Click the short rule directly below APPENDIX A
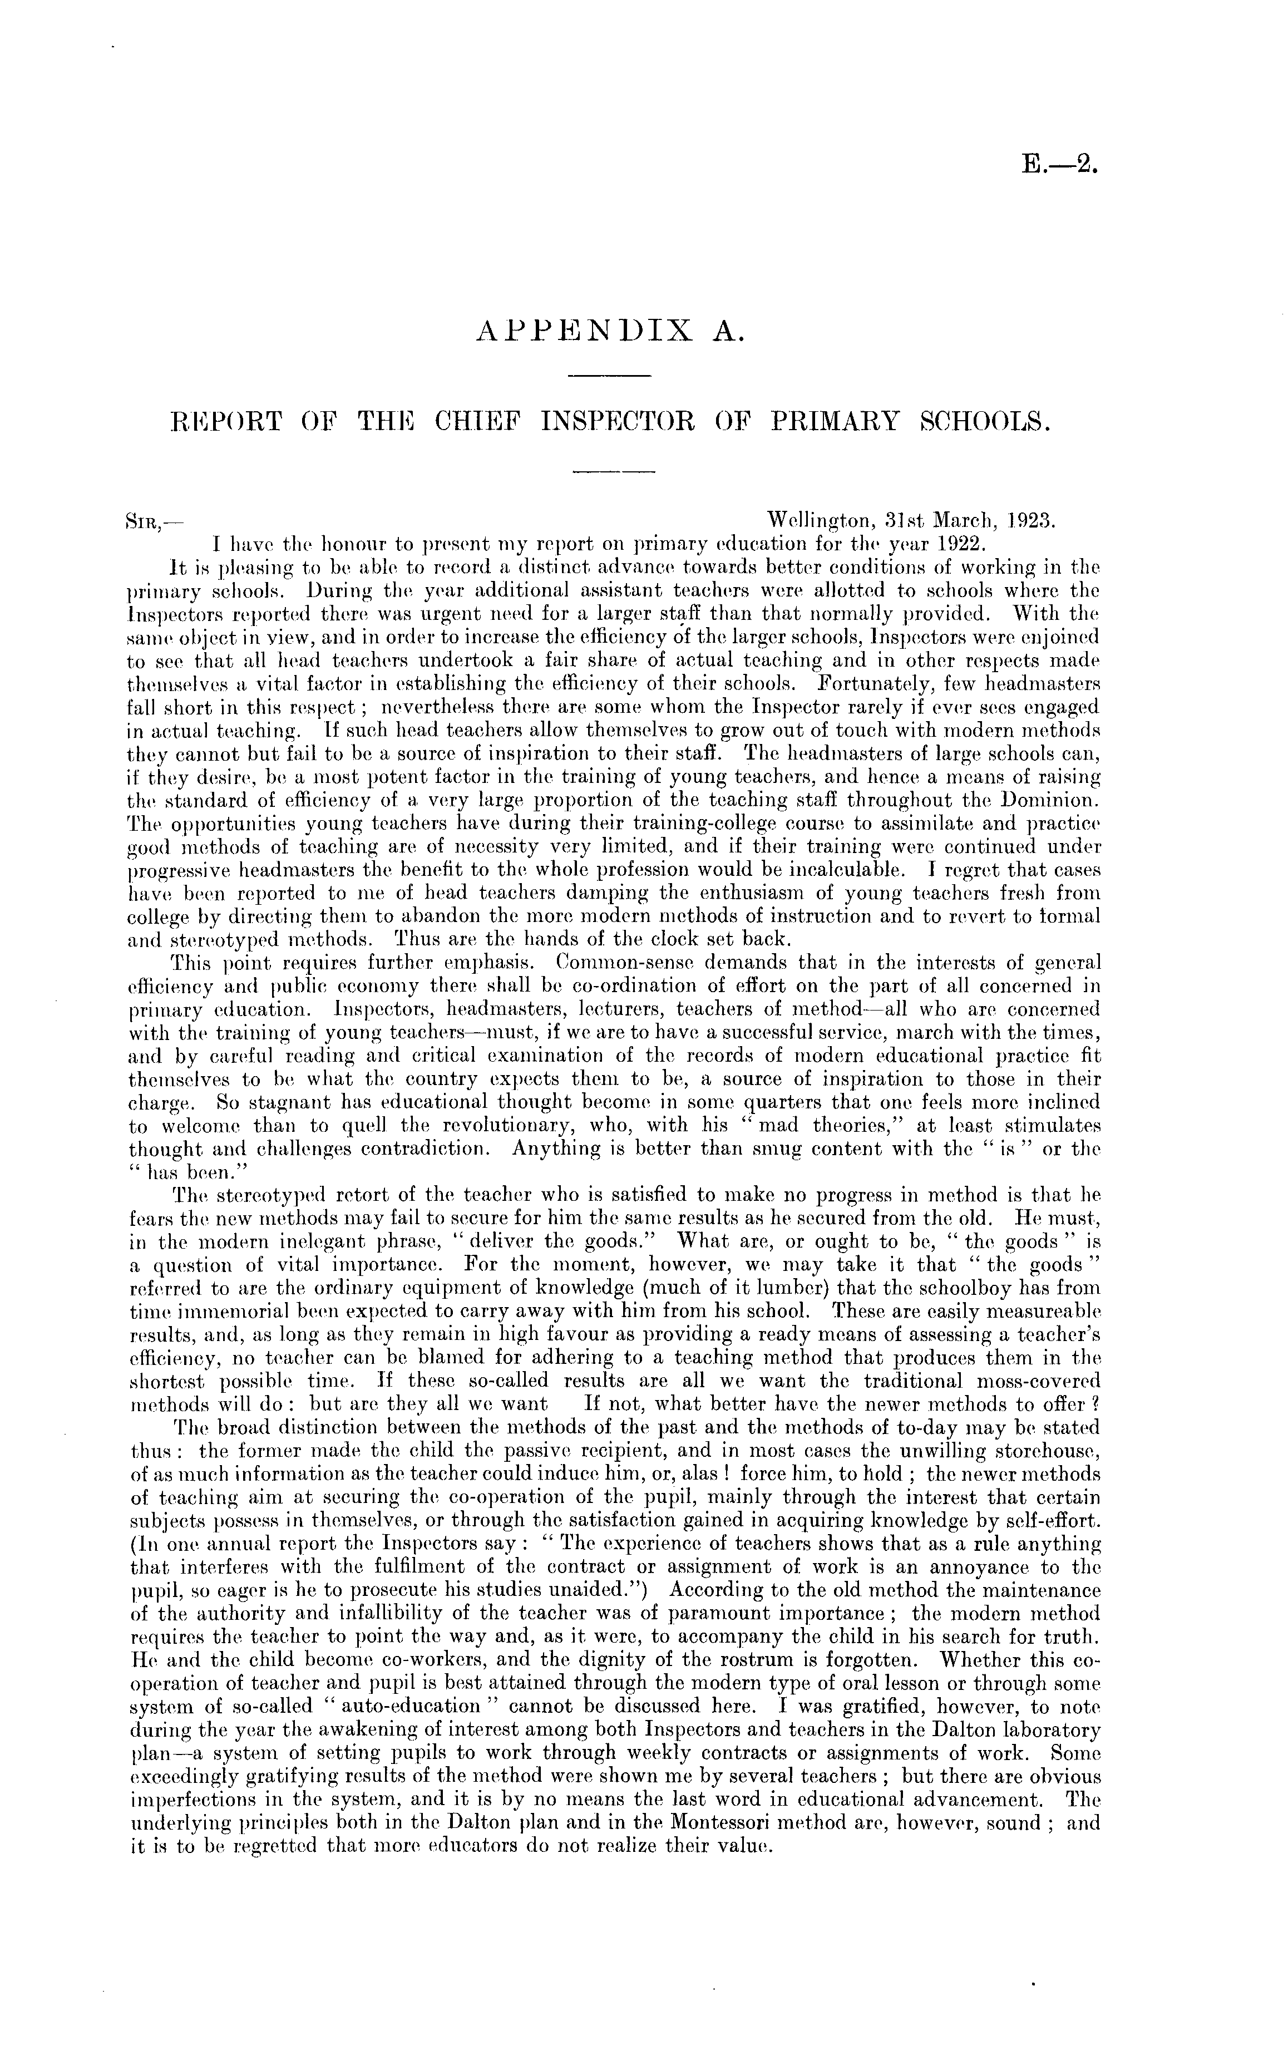[608, 376]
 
